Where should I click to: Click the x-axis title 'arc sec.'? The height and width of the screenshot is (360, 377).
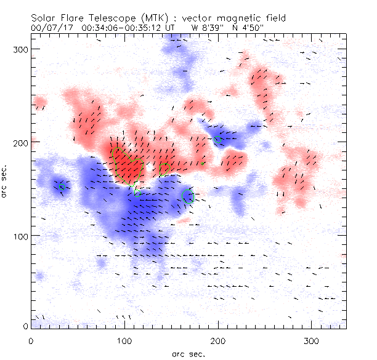point(188,353)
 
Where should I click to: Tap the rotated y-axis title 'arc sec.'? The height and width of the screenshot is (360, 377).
point(5,182)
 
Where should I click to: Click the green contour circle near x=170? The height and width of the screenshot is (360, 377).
point(189,197)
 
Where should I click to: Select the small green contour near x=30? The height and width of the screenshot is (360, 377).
point(62,186)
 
